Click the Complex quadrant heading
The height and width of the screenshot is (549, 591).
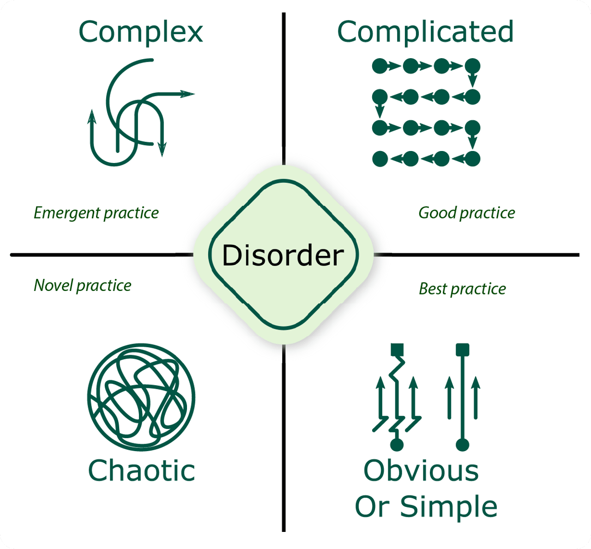pos(141,32)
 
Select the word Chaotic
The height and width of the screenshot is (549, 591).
pos(141,471)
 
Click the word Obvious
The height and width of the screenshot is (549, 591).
pos(421,471)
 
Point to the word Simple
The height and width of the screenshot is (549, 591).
pos(448,507)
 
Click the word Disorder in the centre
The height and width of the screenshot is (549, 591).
pos(283,255)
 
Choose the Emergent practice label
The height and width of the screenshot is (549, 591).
pos(96,213)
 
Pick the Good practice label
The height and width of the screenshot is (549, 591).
pos(467,213)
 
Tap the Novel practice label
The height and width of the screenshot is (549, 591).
pos(83,285)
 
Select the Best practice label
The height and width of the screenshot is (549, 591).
pos(462,289)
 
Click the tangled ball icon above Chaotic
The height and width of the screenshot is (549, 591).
pos(141,397)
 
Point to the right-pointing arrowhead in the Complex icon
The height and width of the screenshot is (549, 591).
pos(188,94)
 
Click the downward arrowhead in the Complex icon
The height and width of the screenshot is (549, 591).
pos(162,149)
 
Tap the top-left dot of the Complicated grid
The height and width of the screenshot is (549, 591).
pos(380,66)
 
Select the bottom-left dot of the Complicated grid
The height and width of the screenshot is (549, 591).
pos(380,158)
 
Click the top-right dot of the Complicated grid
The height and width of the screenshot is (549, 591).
pos(472,66)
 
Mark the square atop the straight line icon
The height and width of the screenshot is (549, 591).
pos(462,350)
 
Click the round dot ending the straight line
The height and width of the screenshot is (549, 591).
pos(462,445)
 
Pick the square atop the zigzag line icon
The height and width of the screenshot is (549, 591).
pos(397,350)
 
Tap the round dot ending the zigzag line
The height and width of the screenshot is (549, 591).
pos(397,445)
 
